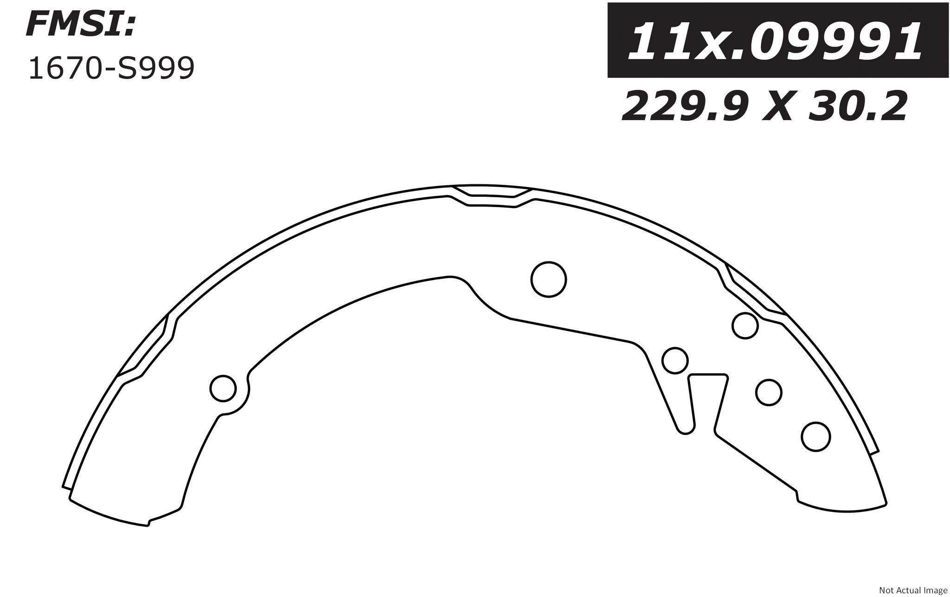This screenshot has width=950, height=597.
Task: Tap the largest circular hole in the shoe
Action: point(548,279)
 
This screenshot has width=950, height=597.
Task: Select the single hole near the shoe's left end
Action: point(223,388)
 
